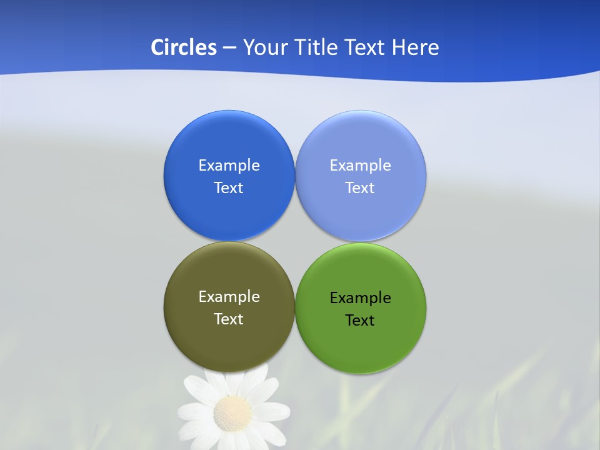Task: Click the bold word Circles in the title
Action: point(184,47)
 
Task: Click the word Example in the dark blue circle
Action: point(229,166)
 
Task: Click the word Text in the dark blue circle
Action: point(229,188)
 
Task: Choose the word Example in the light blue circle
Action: point(360,166)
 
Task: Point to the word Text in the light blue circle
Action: point(360,188)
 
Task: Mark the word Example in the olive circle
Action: point(229,297)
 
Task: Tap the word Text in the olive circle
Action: point(229,319)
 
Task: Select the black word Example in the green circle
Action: point(360,298)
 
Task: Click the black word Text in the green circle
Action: point(360,321)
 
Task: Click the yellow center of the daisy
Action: point(232,412)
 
